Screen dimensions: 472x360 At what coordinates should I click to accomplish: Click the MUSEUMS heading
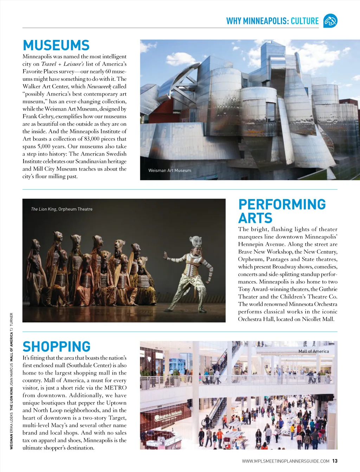click(56, 46)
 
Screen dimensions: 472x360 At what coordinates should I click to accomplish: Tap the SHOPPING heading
click(57, 347)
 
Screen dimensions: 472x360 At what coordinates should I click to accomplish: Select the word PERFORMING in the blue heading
click(282, 204)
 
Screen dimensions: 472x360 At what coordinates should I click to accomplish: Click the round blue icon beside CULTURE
click(330, 21)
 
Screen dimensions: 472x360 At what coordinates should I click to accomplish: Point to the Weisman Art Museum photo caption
click(170, 171)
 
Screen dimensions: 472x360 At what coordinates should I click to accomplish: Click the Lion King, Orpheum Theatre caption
click(62, 209)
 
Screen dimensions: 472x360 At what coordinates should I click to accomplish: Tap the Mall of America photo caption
click(314, 351)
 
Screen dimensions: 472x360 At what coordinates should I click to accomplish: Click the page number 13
click(335, 461)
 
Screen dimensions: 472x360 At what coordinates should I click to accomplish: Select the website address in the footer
click(285, 461)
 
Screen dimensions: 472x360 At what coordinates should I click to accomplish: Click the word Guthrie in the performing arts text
click(328, 289)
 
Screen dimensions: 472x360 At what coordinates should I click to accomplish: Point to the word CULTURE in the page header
click(304, 21)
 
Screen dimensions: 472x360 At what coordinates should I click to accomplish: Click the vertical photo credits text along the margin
click(12, 381)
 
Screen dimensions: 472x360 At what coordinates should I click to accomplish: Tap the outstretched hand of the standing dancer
click(165, 252)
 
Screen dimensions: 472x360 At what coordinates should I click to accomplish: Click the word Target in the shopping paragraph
click(117, 418)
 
